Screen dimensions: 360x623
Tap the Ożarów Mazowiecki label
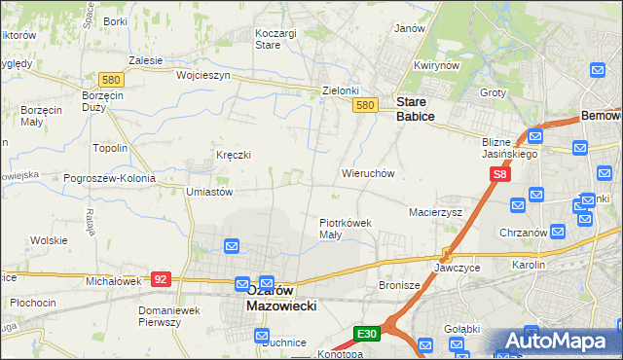[281, 297]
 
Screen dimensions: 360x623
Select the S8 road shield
[499, 174]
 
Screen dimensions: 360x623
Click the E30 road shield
[366, 334]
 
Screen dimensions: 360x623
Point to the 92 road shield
[162, 278]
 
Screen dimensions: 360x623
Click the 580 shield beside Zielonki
[364, 105]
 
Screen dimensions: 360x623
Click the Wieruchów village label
[367, 173]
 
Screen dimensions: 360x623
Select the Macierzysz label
[435, 210]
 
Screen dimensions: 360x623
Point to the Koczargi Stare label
[275, 39]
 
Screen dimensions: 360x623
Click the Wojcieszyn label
[202, 74]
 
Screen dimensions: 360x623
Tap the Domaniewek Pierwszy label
[172, 316]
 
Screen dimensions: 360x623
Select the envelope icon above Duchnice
[263, 336]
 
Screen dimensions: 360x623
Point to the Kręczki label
[234, 155]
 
